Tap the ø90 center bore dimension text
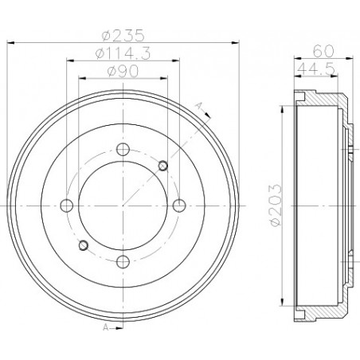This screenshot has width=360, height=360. tap(123, 72)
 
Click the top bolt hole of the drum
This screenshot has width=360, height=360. tap(123, 148)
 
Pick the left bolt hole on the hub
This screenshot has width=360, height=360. tap(67, 205)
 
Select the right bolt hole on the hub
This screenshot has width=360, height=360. tap(179, 205)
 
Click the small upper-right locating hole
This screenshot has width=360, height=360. tap(162, 165)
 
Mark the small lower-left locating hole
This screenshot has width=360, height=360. tap(84, 244)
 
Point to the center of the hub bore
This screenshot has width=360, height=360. tap(123, 205)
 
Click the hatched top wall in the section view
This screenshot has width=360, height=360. tap(323, 101)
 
